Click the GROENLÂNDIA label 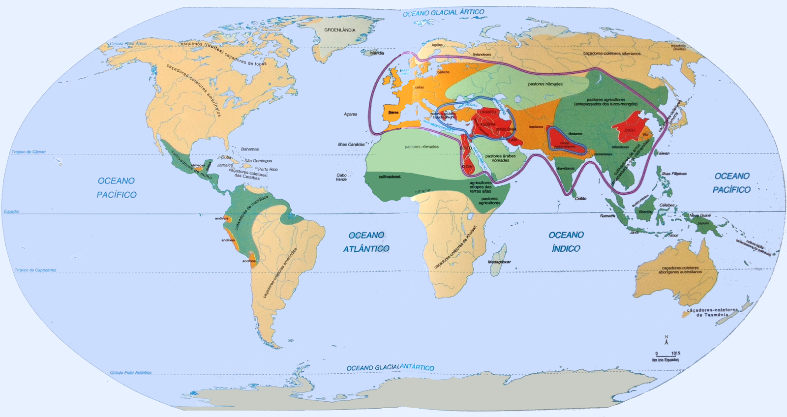click(339, 30)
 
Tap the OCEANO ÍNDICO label click(566, 241)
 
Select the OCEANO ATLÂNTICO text click(366, 242)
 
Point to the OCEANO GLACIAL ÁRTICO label click(443, 13)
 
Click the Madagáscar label click(499, 262)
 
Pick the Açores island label click(350, 114)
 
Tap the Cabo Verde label click(341, 177)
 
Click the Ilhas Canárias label click(351, 145)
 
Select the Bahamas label click(250, 149)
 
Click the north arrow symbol click(666, 340)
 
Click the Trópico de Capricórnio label click(35, 270)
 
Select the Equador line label click(11, 211)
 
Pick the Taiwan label click(663, 153)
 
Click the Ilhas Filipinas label click(674, 174)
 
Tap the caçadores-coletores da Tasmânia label click(712, 312)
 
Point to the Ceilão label click(580, 199)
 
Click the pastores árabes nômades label click(500, 158)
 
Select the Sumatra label click(607, 216)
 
